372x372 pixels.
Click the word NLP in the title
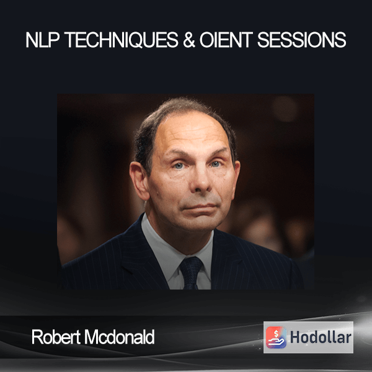pyautogui.click(x=42, y=40)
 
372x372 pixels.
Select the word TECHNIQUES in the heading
pyautogui.click(x=122, y=40)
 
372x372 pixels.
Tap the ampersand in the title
pyautogui.click(x=189, y=40)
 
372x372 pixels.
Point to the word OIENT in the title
pyautogui.click(x=226, y=40)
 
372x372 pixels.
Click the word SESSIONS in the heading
pyautogui.click(x=302, y=40)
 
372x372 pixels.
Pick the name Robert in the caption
pyautogui.click(x=56, y=337)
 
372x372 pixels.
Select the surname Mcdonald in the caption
pyautogui.click(x=120, y=337)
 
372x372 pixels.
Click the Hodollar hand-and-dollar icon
pyautogui.click(x=276, y=337)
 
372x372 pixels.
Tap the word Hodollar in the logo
pyautogui.click(x=321, y=337)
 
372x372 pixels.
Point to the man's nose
pyautogui.click(x=201, y=180)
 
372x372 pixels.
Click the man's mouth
pyautogui.click(x=198, y=207)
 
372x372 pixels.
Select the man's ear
pyautogui.click(x=139, y=180)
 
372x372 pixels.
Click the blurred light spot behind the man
pyautogui.click(x=285, y=108)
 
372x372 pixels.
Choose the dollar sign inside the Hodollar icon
pyautogui.click(x=276, y=334)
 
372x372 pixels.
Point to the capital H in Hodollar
pyautogui.click(x=295, y=337)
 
